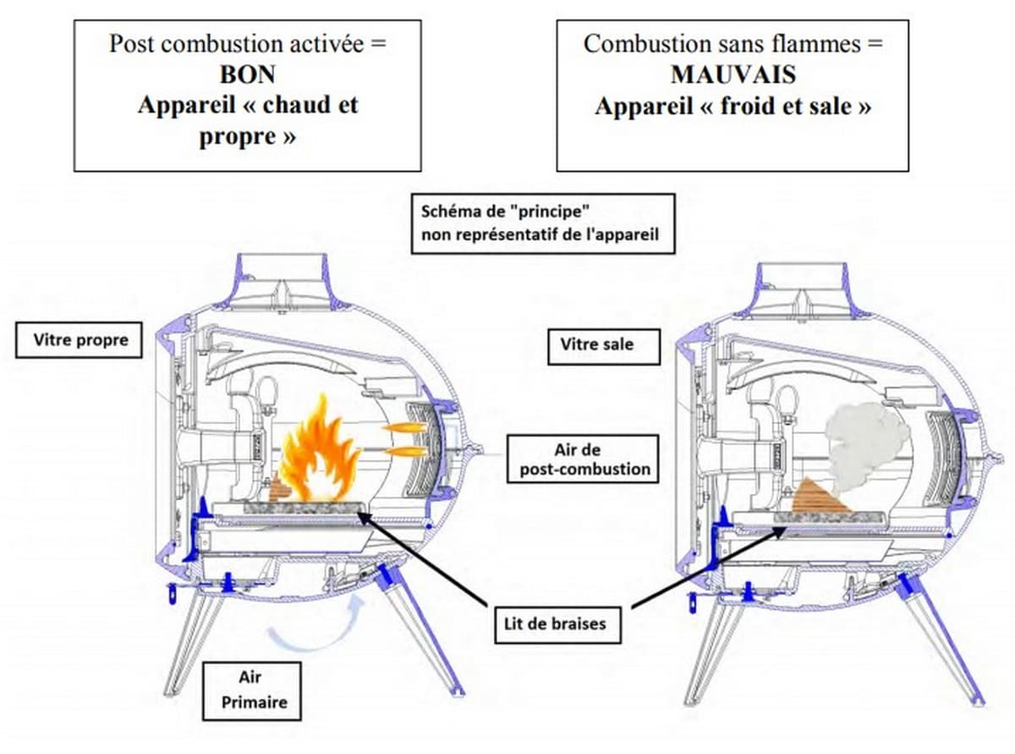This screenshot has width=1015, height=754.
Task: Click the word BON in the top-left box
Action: click(x=247, y=74)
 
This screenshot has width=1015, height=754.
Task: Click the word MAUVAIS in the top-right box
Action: click(x=732, y=74)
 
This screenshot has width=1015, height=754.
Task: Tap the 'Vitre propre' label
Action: click(x=80, y=340)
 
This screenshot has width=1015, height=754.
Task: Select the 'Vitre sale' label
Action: click(x=596, y=344)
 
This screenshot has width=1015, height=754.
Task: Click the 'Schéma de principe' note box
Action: click(x=543, y=224)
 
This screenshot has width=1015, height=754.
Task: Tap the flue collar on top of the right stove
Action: click(x=799, y=284)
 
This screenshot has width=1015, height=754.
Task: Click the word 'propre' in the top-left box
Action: click(x=239, y=136)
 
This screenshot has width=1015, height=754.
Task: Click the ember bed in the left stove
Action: click(x=304, y=508)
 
